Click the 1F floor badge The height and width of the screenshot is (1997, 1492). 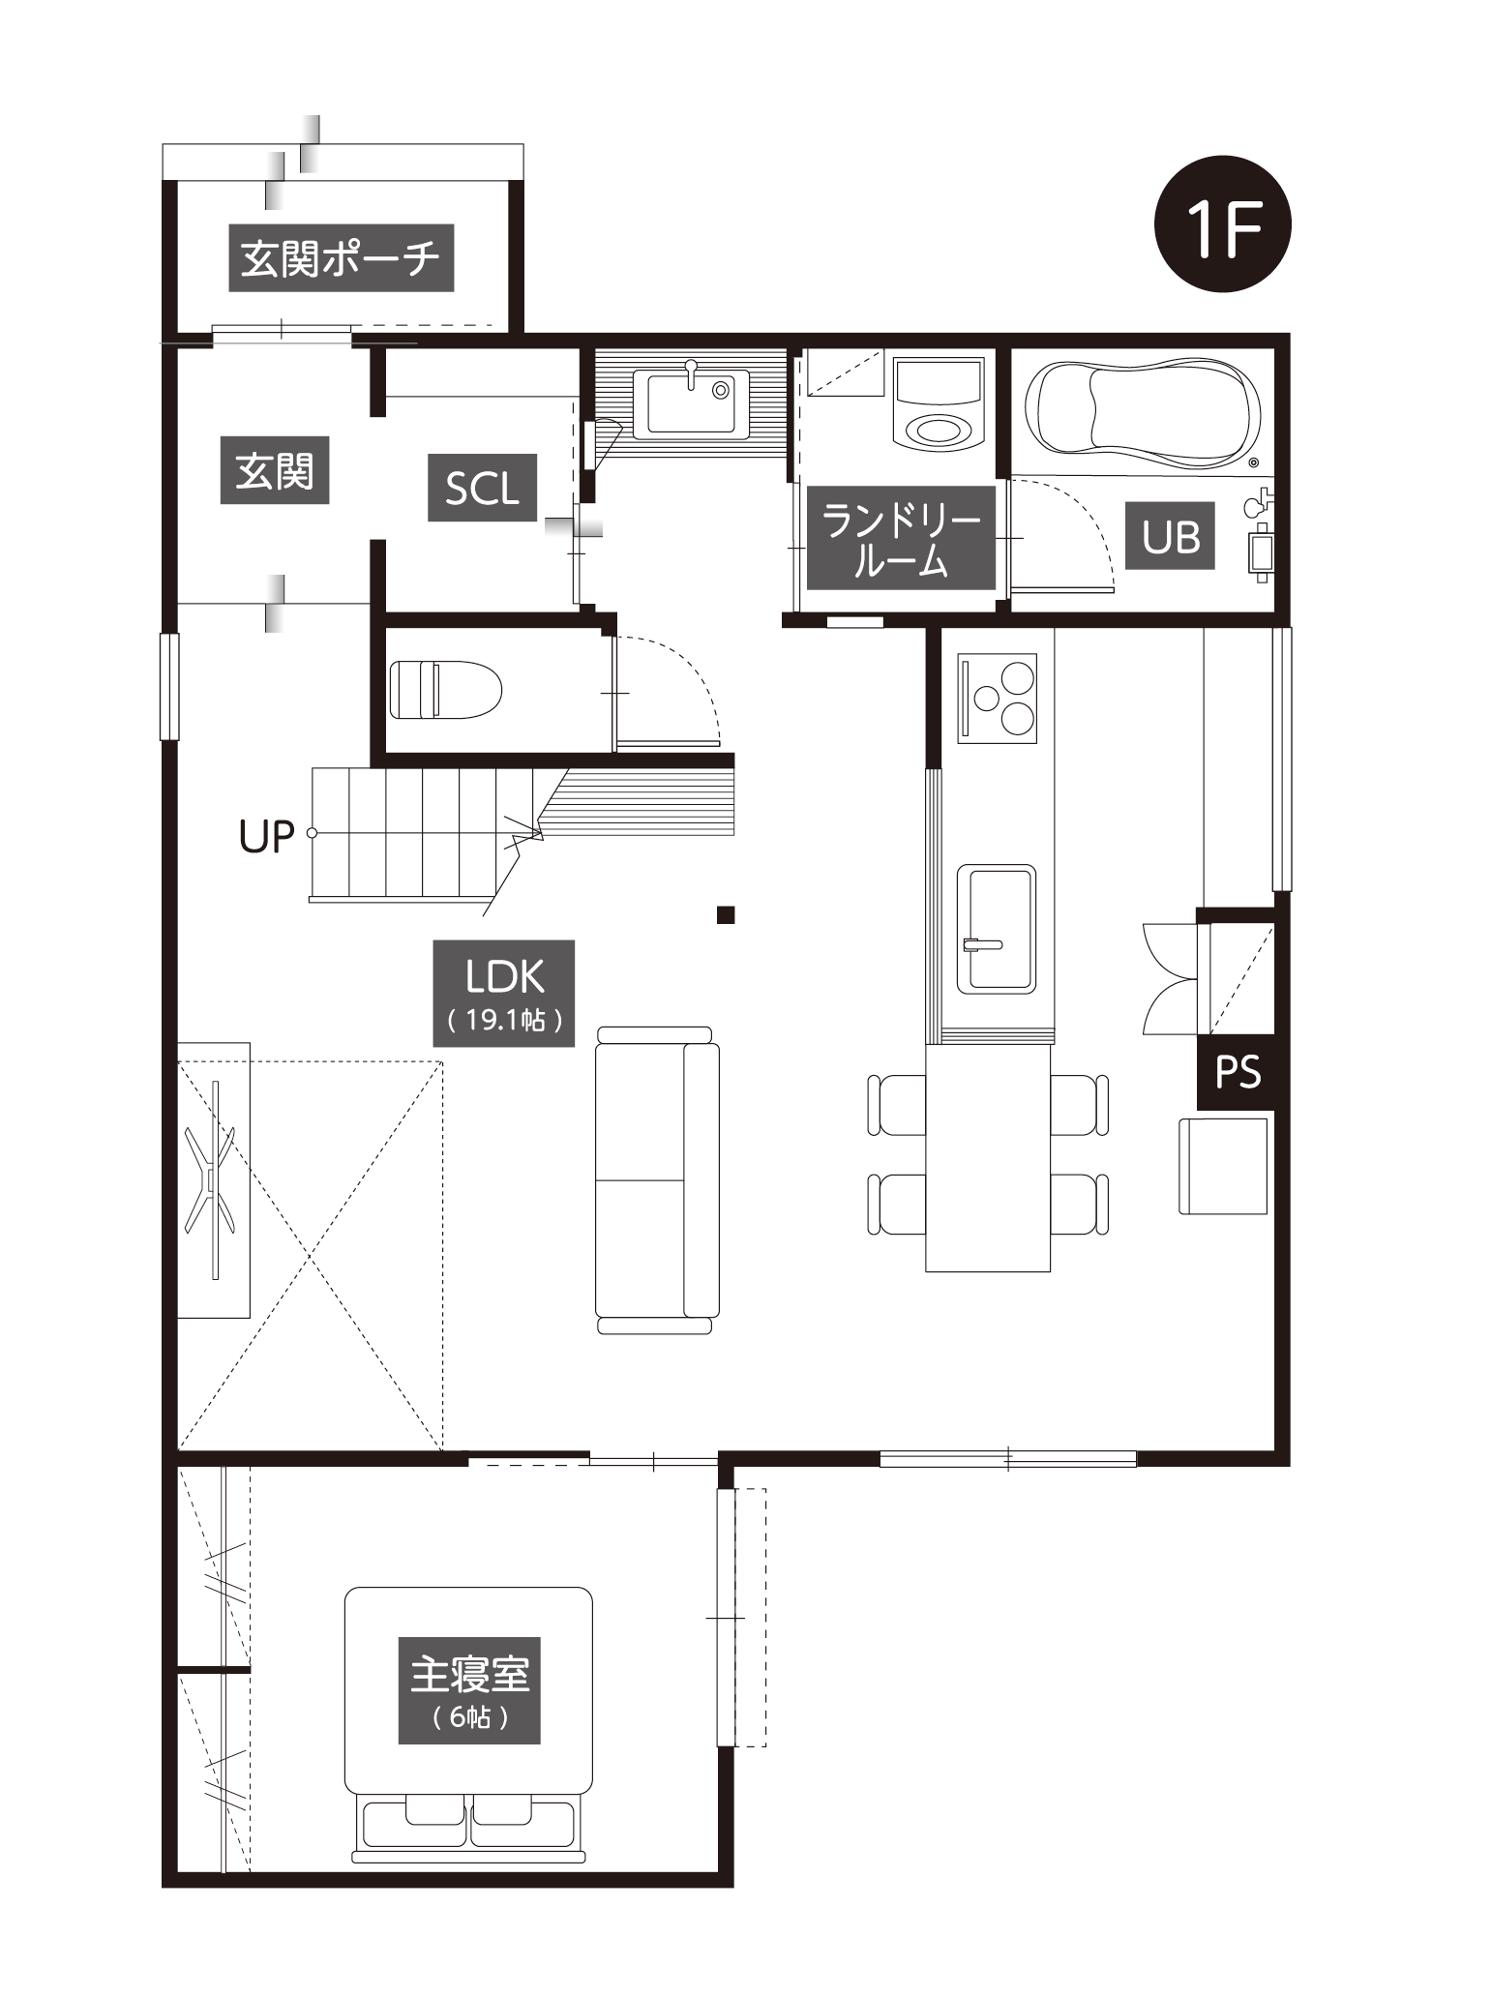coord(1222,224)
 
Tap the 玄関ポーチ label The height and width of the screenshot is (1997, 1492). coord(341,258)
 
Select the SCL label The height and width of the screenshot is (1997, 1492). coord(482,488)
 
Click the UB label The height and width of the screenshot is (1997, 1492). coord(1170,535)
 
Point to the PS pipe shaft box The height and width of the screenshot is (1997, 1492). coord(1237,1072)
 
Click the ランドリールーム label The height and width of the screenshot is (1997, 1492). coord(901,538)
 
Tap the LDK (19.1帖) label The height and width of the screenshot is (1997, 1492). coord(504,993)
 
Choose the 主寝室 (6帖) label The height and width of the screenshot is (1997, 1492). coord(469,1690)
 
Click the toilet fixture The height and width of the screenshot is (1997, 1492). coord(446,690)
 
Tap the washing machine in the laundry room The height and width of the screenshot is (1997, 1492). coord(939,402)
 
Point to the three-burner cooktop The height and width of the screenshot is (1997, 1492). coord(997,699)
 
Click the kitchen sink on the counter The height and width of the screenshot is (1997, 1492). coord(996,929)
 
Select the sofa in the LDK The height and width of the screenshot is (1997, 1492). coord(657,1180)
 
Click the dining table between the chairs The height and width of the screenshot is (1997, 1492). coord(988,1158)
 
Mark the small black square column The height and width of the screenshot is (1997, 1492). coord(726,914)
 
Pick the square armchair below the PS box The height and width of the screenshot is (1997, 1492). coord(1223,1166)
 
